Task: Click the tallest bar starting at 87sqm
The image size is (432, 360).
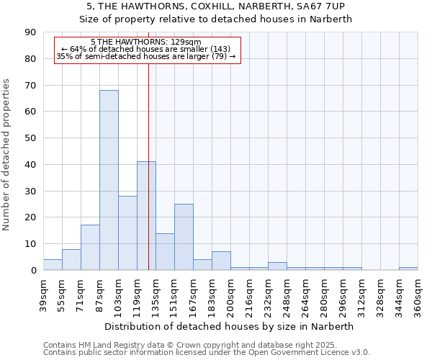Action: [109, 180]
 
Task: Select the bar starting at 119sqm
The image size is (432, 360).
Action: [146, 216]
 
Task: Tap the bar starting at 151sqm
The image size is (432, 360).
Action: [184, 237]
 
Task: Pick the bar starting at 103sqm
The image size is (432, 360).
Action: [127, 233]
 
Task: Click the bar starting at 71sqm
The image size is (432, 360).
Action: [90, 248]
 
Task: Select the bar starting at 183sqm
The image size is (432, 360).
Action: [221, 261]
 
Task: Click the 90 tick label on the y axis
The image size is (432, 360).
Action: [30, 32]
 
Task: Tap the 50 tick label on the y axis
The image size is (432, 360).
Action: [30, 138]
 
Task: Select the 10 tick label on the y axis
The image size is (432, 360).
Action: [30, 244]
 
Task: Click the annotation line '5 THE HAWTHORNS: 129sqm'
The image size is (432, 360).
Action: [146, 42]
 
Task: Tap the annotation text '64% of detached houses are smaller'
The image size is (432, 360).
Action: [146, 49]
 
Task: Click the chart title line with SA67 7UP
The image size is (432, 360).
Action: [215, 6]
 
